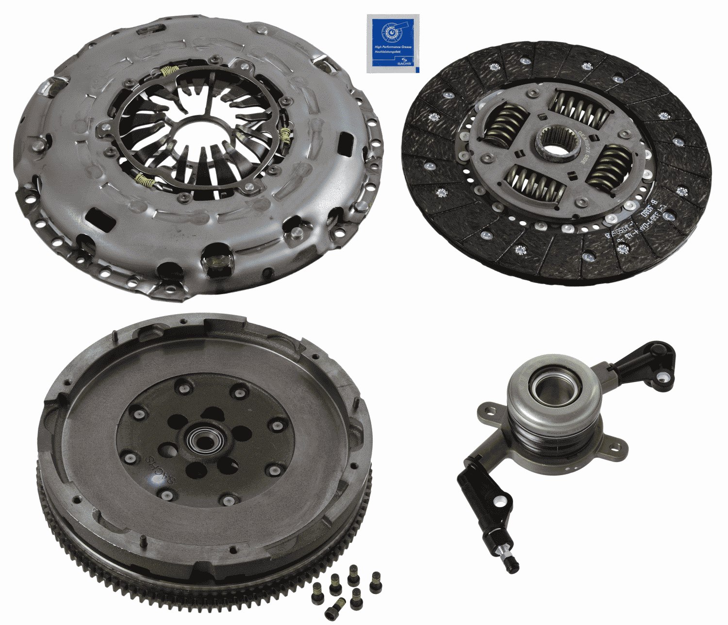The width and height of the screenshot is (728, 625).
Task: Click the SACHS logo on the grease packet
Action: [402, 63]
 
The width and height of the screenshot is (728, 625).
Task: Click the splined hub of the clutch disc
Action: [557, 144]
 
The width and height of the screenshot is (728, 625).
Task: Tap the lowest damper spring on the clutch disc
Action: [536, 182]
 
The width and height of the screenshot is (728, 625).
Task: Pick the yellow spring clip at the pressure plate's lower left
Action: [146, 181]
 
